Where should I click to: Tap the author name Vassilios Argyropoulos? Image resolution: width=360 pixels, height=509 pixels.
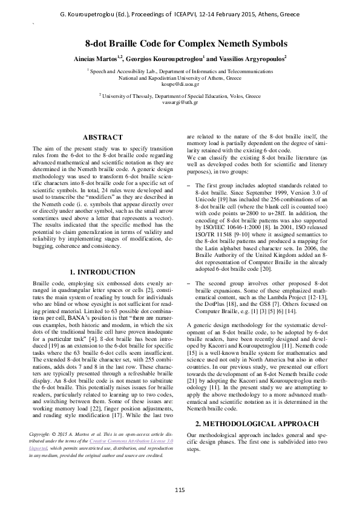(x=248, y=58)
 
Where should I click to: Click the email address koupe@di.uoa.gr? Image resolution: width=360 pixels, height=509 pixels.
(x=179, y=85)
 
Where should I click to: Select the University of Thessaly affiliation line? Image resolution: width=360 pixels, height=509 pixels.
(x=180, y=96)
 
